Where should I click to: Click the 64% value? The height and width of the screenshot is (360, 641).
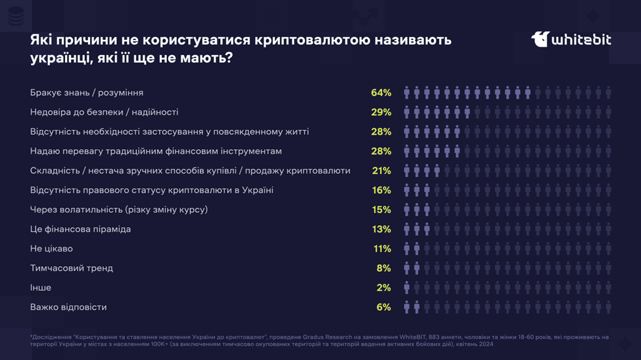coord(381,93)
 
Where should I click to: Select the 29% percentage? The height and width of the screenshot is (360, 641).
coord(381,112)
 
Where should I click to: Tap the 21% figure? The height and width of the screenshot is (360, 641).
coord(381,171)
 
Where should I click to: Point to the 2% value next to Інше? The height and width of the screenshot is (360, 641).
coord(383,288)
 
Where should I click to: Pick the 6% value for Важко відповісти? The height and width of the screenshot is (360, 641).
coord(383,307)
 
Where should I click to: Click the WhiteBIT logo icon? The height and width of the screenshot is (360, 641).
coord(540,39)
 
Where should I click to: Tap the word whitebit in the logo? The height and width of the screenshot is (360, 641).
coord(581,40)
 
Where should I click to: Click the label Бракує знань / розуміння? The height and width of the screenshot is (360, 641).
coord(87,93)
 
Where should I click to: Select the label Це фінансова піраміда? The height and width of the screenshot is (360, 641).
coord(80,229)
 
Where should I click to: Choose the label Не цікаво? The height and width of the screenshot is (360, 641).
coord(51,249)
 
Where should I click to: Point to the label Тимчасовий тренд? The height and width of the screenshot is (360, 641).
coord(72,268)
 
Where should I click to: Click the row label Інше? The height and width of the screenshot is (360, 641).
coord(41,288)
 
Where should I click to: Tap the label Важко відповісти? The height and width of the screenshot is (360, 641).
coord(68,307)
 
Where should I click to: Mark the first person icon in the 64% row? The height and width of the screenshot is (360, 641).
coord(407,93)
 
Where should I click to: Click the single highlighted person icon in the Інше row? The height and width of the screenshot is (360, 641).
coord(407,288)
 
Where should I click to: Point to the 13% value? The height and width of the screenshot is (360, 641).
coord(381,229)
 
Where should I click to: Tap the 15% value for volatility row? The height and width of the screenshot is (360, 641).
coord(381,210)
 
